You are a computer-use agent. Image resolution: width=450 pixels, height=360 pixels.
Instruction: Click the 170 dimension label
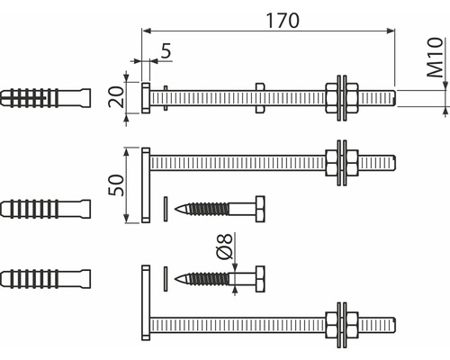tap(283, 21)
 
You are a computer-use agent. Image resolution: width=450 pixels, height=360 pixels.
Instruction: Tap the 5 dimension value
tap(166, 50)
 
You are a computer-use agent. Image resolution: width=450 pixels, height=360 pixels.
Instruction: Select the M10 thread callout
tap(435, 58)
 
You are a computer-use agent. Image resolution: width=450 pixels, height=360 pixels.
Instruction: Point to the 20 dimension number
tap(116, 96)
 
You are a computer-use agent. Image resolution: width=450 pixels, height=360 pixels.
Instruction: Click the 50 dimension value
tap(116, 185)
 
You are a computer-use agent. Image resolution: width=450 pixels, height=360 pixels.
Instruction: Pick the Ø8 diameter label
tap(225, 246)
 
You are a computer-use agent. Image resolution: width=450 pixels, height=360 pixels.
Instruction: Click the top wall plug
tap(45, 97)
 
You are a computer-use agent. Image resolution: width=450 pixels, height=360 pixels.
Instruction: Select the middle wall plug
tap(45, 209)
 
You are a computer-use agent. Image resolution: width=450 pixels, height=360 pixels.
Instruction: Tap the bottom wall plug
tap(45, 279)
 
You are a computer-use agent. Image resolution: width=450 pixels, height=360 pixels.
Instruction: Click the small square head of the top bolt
tap(146, 98)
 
